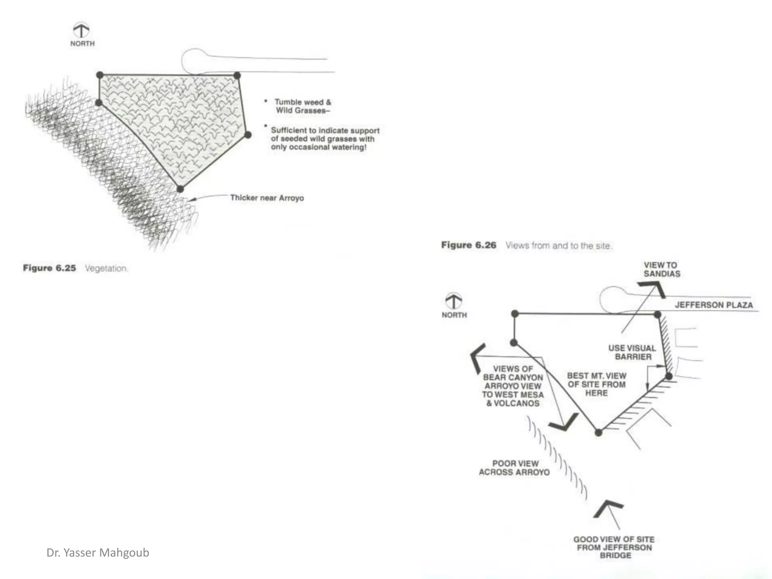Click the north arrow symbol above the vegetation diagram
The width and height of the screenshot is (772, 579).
tap(81, 30)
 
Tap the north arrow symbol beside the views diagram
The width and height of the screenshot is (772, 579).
tap(453, 300)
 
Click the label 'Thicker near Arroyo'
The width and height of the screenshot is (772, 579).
tap(267, 198)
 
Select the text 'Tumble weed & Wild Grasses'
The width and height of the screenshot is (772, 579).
tap(302, 106)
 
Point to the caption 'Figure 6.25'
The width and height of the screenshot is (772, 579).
tap(49, 268)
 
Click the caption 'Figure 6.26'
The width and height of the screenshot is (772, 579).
tap(469, 245)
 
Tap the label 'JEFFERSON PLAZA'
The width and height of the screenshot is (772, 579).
tap(714, 305)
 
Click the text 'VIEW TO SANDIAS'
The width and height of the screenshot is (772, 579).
tap(662, 270)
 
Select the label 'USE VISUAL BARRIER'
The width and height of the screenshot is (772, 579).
tap(632, 352)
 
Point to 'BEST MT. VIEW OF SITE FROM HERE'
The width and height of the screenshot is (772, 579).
tap(596, 384)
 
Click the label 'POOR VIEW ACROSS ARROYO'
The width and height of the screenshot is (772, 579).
tap(515, 468)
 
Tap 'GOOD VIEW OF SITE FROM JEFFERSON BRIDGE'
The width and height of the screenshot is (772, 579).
tap(614, 547)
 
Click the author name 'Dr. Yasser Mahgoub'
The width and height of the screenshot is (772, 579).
tap(98, 553)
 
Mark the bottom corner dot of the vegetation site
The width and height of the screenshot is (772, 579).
tap(180, 189)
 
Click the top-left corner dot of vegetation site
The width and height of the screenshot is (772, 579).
tap(100, 75)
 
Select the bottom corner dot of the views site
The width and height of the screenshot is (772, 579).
tap(598, 433)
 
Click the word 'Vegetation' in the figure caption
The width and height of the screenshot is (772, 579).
tap(106, 268)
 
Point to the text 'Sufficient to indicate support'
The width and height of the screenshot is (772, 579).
tap(325, 130)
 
